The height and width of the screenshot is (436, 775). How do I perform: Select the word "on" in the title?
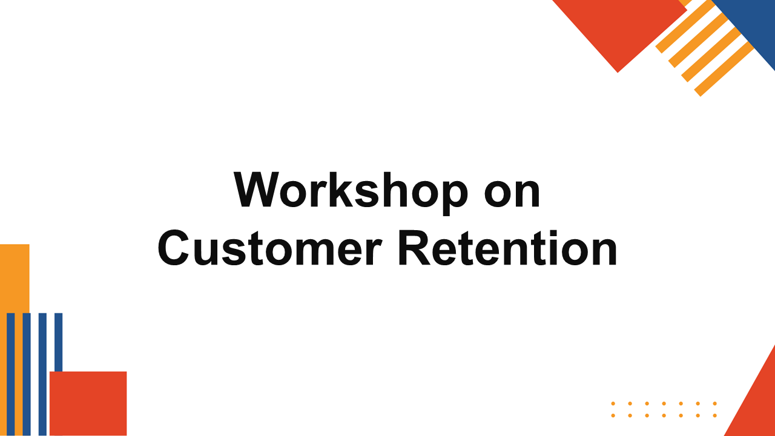coord(512,194)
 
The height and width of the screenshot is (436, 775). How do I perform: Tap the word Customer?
coord(270,248)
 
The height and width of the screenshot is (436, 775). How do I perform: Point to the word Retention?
coord(508,248)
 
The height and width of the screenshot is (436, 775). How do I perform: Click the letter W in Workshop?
coord(257,190)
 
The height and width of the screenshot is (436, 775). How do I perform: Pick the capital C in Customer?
coord(173,248)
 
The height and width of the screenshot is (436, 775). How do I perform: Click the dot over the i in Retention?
coord(553,233)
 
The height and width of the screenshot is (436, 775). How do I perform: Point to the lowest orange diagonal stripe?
coord(724,69)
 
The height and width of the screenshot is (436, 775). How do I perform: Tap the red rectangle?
coord(88,403)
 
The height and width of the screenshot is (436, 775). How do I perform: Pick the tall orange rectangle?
coord(15,340)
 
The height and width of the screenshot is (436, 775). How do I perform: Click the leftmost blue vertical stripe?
coord(11,374)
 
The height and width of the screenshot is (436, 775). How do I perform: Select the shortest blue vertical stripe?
coord(59,343)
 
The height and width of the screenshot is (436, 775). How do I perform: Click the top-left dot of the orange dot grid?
coord(613,403)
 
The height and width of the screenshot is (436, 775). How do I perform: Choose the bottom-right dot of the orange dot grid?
coord(715,415)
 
